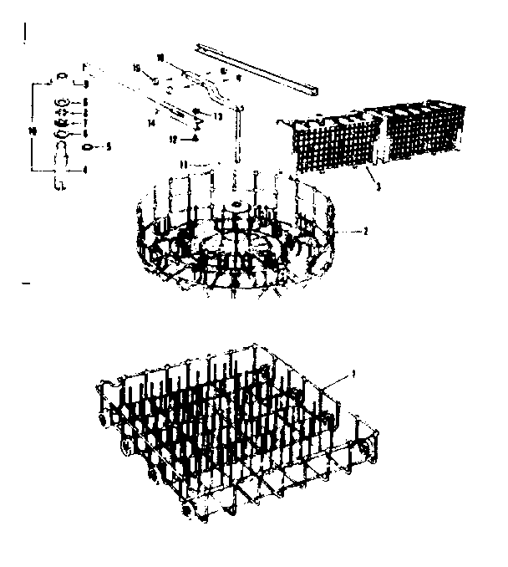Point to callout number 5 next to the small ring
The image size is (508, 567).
coord(107,147)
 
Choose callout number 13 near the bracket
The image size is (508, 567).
coord(218,116)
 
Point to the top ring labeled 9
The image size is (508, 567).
coord(63,76)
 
